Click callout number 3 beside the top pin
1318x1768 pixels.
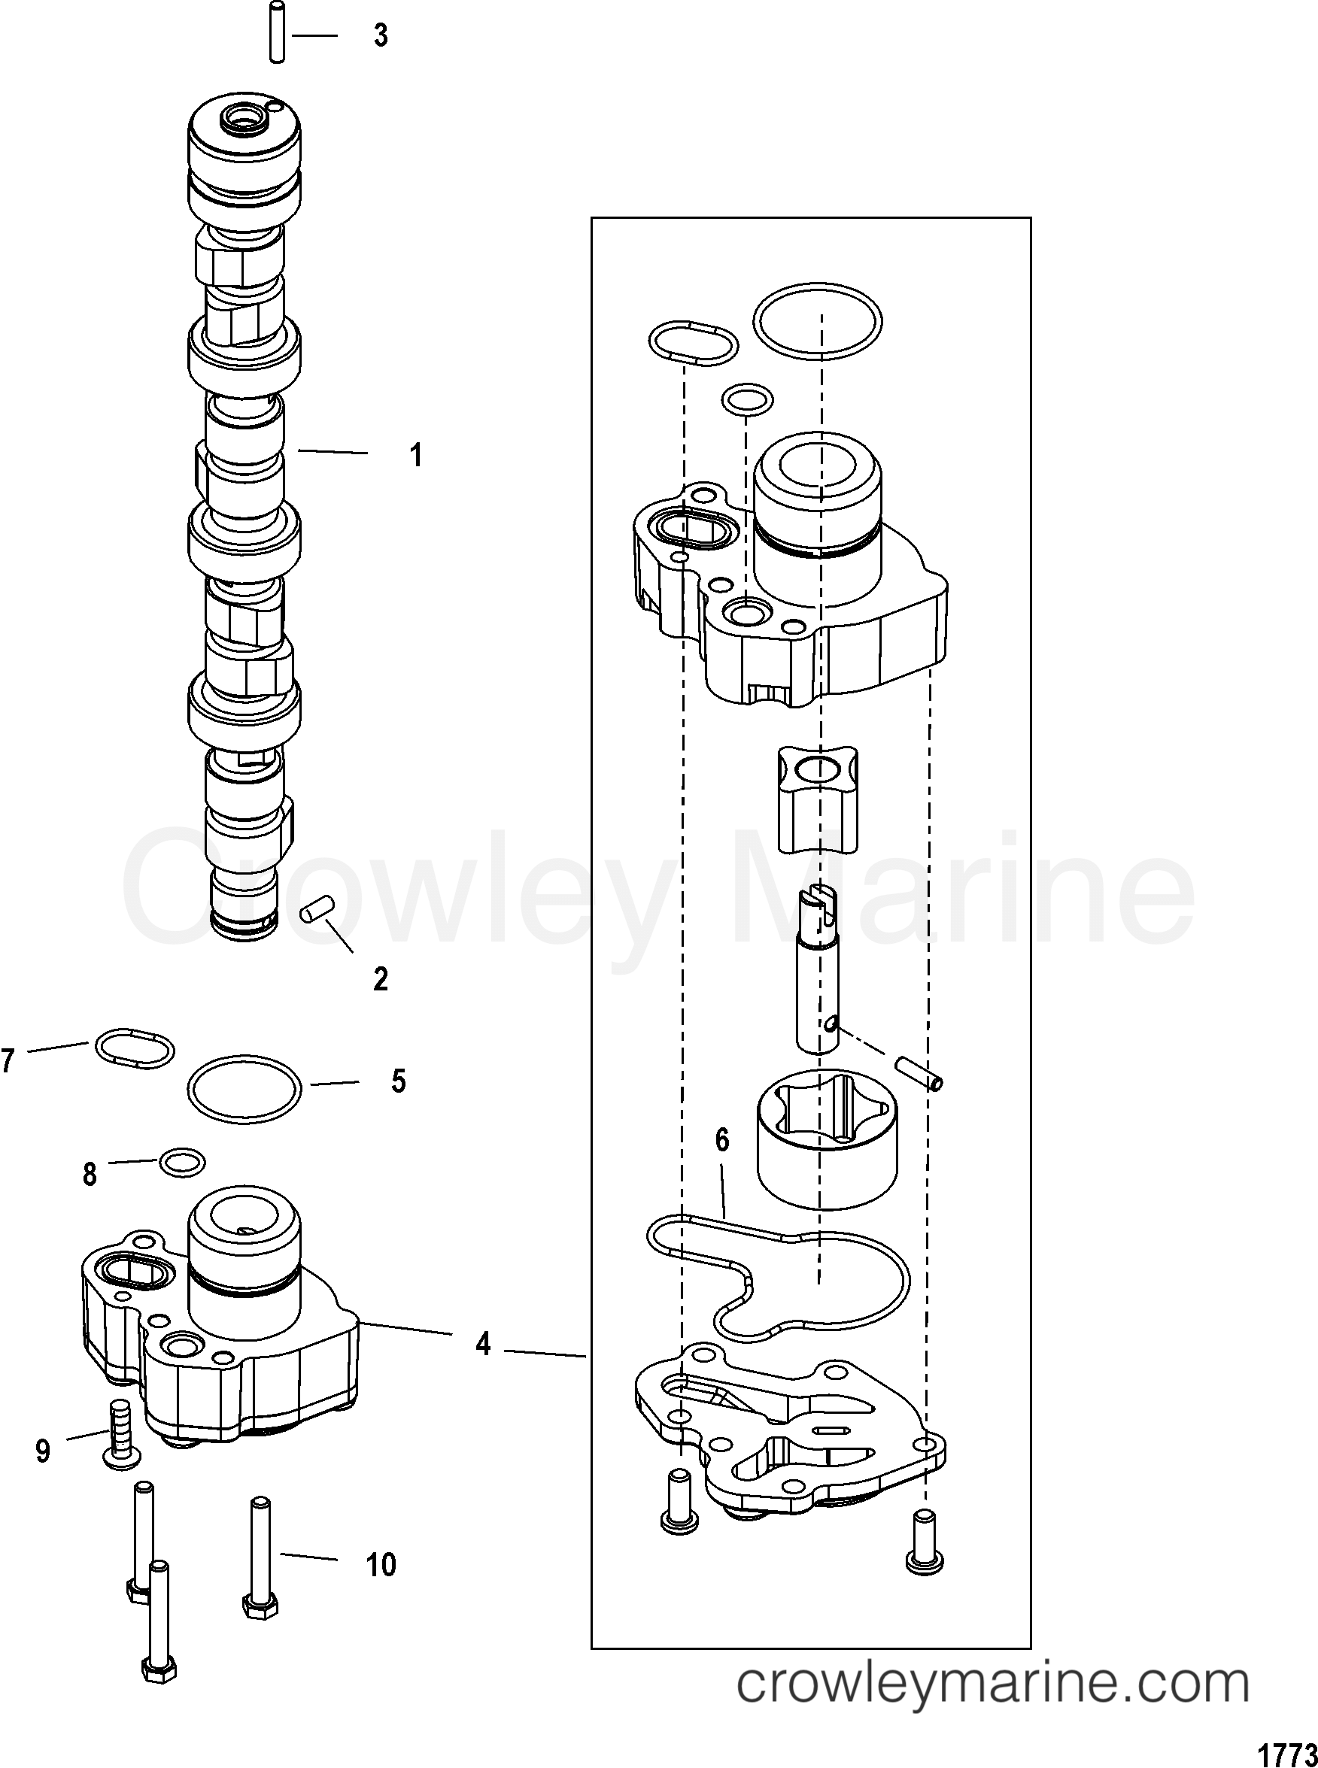[x=381, y=36]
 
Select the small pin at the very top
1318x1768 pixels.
[x=277, y=32]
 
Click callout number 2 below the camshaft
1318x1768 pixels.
[x=380, y=978]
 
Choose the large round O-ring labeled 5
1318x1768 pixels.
[x=245, y=1085]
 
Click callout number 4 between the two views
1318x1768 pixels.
[x=482, y=1344]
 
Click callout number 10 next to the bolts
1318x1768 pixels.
[x=381, y=1565]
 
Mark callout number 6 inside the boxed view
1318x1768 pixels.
[x=721, y=1140]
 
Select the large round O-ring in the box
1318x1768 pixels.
[x=818, y=322]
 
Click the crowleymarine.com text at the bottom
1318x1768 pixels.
[x=992, y=1704]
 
